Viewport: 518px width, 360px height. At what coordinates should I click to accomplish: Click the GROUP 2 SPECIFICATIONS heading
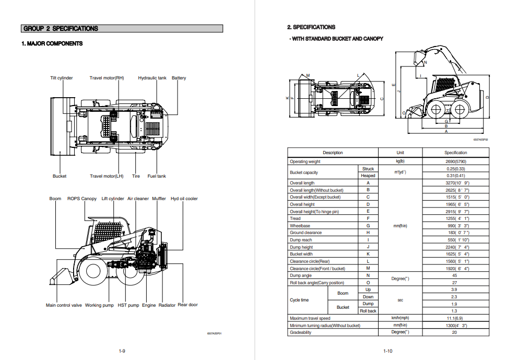[x=61, y=29]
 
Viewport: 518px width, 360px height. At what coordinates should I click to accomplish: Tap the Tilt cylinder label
[x=62, y=78]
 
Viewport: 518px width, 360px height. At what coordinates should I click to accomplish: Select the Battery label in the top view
[x=179, y=78]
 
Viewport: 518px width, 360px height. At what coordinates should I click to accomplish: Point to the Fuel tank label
[x=157, y=176]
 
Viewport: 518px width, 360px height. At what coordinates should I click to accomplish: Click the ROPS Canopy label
[x=81, y=199]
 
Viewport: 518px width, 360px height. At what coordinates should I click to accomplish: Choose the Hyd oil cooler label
[x=184, y=199]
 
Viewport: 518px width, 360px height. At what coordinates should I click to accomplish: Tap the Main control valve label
[x=64, y=305]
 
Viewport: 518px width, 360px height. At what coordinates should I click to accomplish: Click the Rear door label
[x=187, y=305]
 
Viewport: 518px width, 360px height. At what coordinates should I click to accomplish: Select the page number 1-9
[x=122, y=351]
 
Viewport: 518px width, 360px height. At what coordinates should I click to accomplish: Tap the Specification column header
[x=455, y=153]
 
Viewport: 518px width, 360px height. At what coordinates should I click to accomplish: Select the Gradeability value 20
[x=454, y=332]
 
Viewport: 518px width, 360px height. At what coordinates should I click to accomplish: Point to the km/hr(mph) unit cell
[x=400, y=318]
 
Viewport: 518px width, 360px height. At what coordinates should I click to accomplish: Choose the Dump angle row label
[x=301, y=275]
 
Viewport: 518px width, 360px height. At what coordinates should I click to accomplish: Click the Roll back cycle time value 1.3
[x=454, y=311]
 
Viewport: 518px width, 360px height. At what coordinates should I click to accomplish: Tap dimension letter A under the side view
[x=445, y=132]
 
